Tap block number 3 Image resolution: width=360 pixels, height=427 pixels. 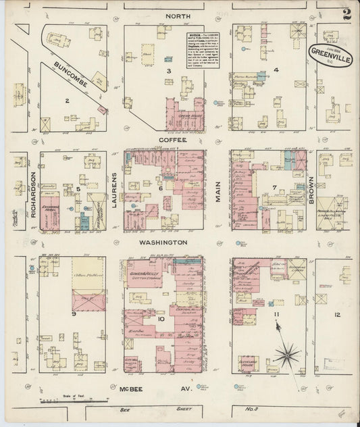(170, 70)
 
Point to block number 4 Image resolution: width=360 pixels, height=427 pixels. (276, 70)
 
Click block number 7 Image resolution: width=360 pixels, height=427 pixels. (274, 186)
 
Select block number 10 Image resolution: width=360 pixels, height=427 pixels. (161, 318)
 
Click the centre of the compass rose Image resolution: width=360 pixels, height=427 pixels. (290, 351)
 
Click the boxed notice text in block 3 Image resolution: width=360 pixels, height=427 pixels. (203, 48)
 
